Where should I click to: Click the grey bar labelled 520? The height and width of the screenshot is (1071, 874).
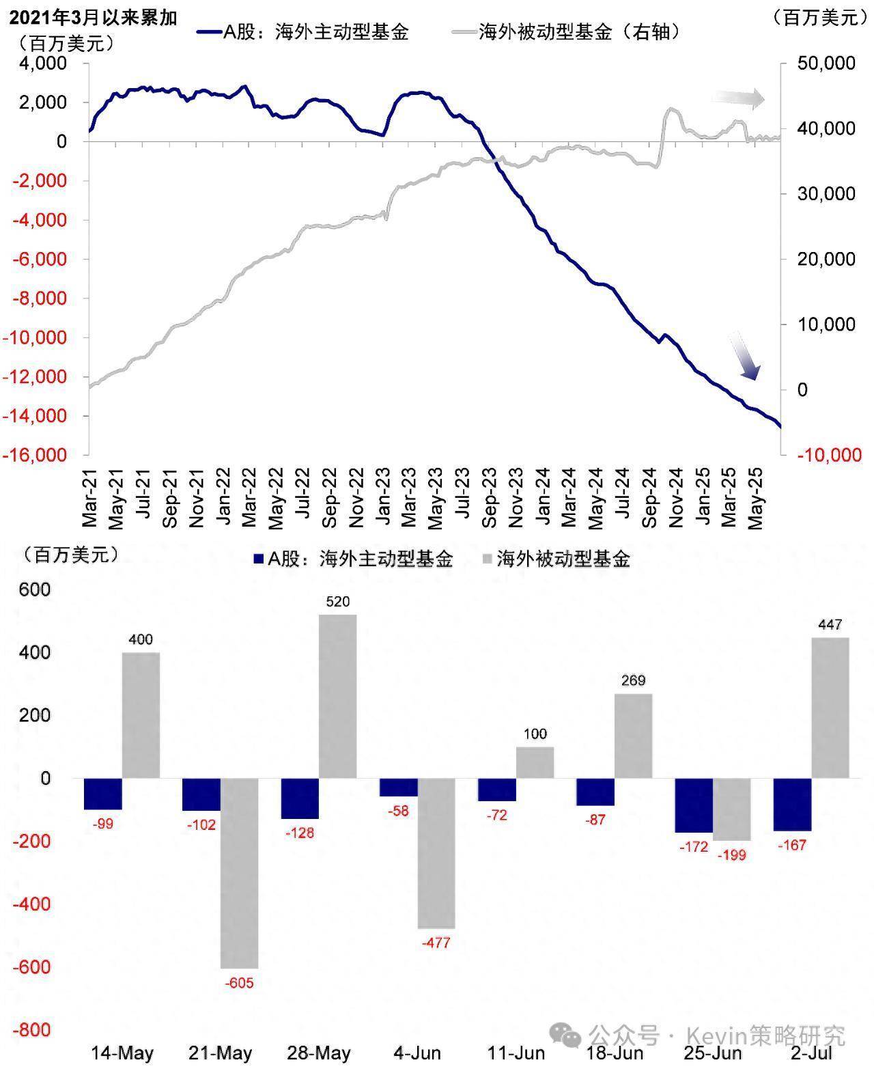tap(337, 696)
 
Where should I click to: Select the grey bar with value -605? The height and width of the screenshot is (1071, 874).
tap(239, 873)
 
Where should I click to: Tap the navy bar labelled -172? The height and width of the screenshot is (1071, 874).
tap(693, 805)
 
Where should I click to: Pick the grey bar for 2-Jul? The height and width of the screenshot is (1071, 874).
tap(830, 708)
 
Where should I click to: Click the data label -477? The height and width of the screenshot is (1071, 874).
tap(436, 943)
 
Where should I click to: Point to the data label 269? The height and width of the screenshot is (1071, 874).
tap(633, 680)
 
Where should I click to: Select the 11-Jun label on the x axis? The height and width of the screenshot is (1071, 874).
tap(516, 1053)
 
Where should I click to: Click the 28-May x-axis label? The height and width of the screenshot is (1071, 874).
tap(319, 1053)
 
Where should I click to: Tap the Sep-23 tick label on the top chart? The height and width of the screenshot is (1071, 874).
tap(490, 498)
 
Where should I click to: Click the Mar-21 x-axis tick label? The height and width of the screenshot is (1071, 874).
tap(89, 498)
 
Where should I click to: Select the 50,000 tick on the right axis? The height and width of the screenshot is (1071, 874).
tap(826, 64)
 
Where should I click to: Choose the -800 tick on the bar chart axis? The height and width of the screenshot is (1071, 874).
tap(34, 1030)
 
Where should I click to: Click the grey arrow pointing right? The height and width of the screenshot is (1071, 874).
tap(738, 99)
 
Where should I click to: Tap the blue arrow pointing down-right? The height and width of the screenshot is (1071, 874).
tap(745, 357)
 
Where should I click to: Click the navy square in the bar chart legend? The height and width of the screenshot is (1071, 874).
tap(258, 559)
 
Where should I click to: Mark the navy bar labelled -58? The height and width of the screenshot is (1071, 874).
tap(398, 787)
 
